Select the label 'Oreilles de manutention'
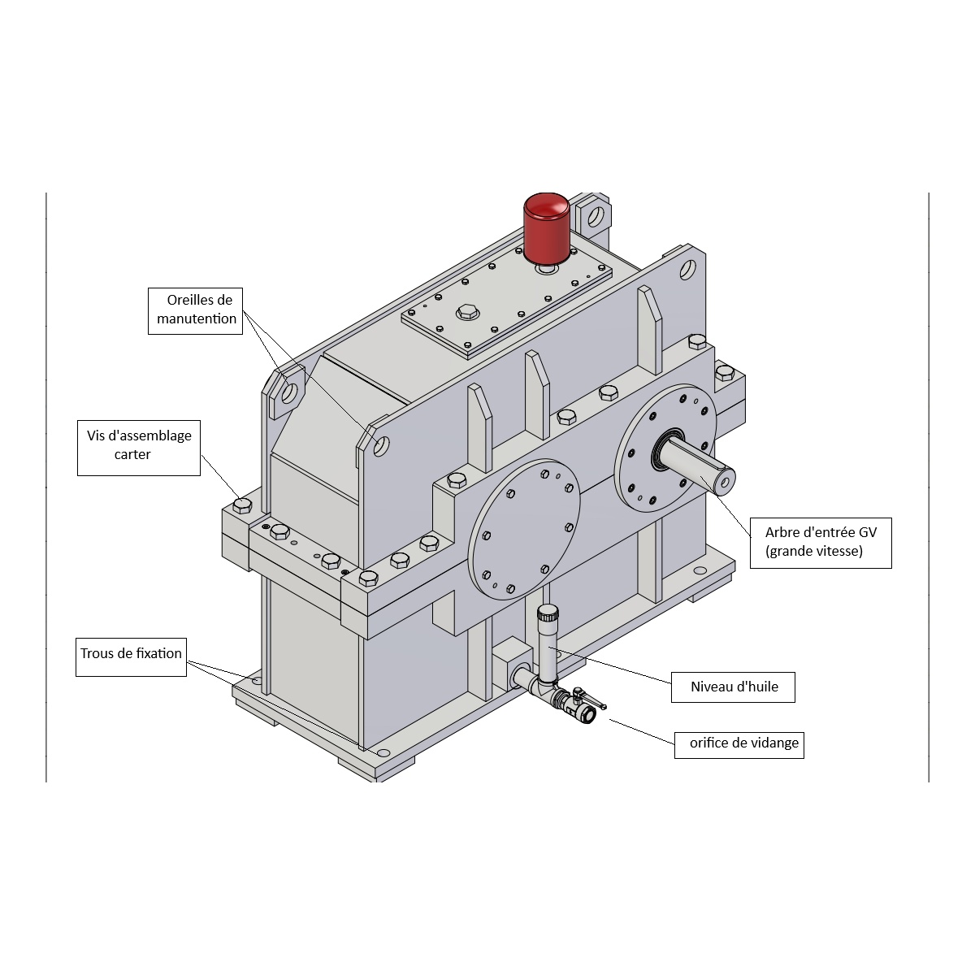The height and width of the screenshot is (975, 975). tap(197, 310)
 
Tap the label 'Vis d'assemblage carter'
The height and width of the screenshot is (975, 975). tap(139, 446)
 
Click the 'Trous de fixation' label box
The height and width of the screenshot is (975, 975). tap(132, 657)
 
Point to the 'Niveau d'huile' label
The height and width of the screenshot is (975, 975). tap(734, 687)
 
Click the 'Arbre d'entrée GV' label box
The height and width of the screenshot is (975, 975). tap(821, 542)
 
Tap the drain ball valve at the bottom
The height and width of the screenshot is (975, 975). tap(579, 707)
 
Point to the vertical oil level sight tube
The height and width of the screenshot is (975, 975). tap(547, 646)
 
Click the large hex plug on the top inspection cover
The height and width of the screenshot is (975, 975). tap(467, 312)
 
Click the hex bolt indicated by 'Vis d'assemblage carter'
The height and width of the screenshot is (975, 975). tap(242, 506)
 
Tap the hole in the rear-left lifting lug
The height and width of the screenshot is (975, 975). tap(288, 392)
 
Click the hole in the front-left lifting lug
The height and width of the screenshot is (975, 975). tap(379, 445)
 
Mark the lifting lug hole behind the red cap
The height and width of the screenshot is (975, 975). tap(596, 217)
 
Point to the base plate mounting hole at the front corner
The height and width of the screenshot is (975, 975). tap(383, 753)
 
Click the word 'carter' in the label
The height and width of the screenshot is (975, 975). tap(132, 455)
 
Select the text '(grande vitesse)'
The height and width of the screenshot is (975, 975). tap(814, 551)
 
